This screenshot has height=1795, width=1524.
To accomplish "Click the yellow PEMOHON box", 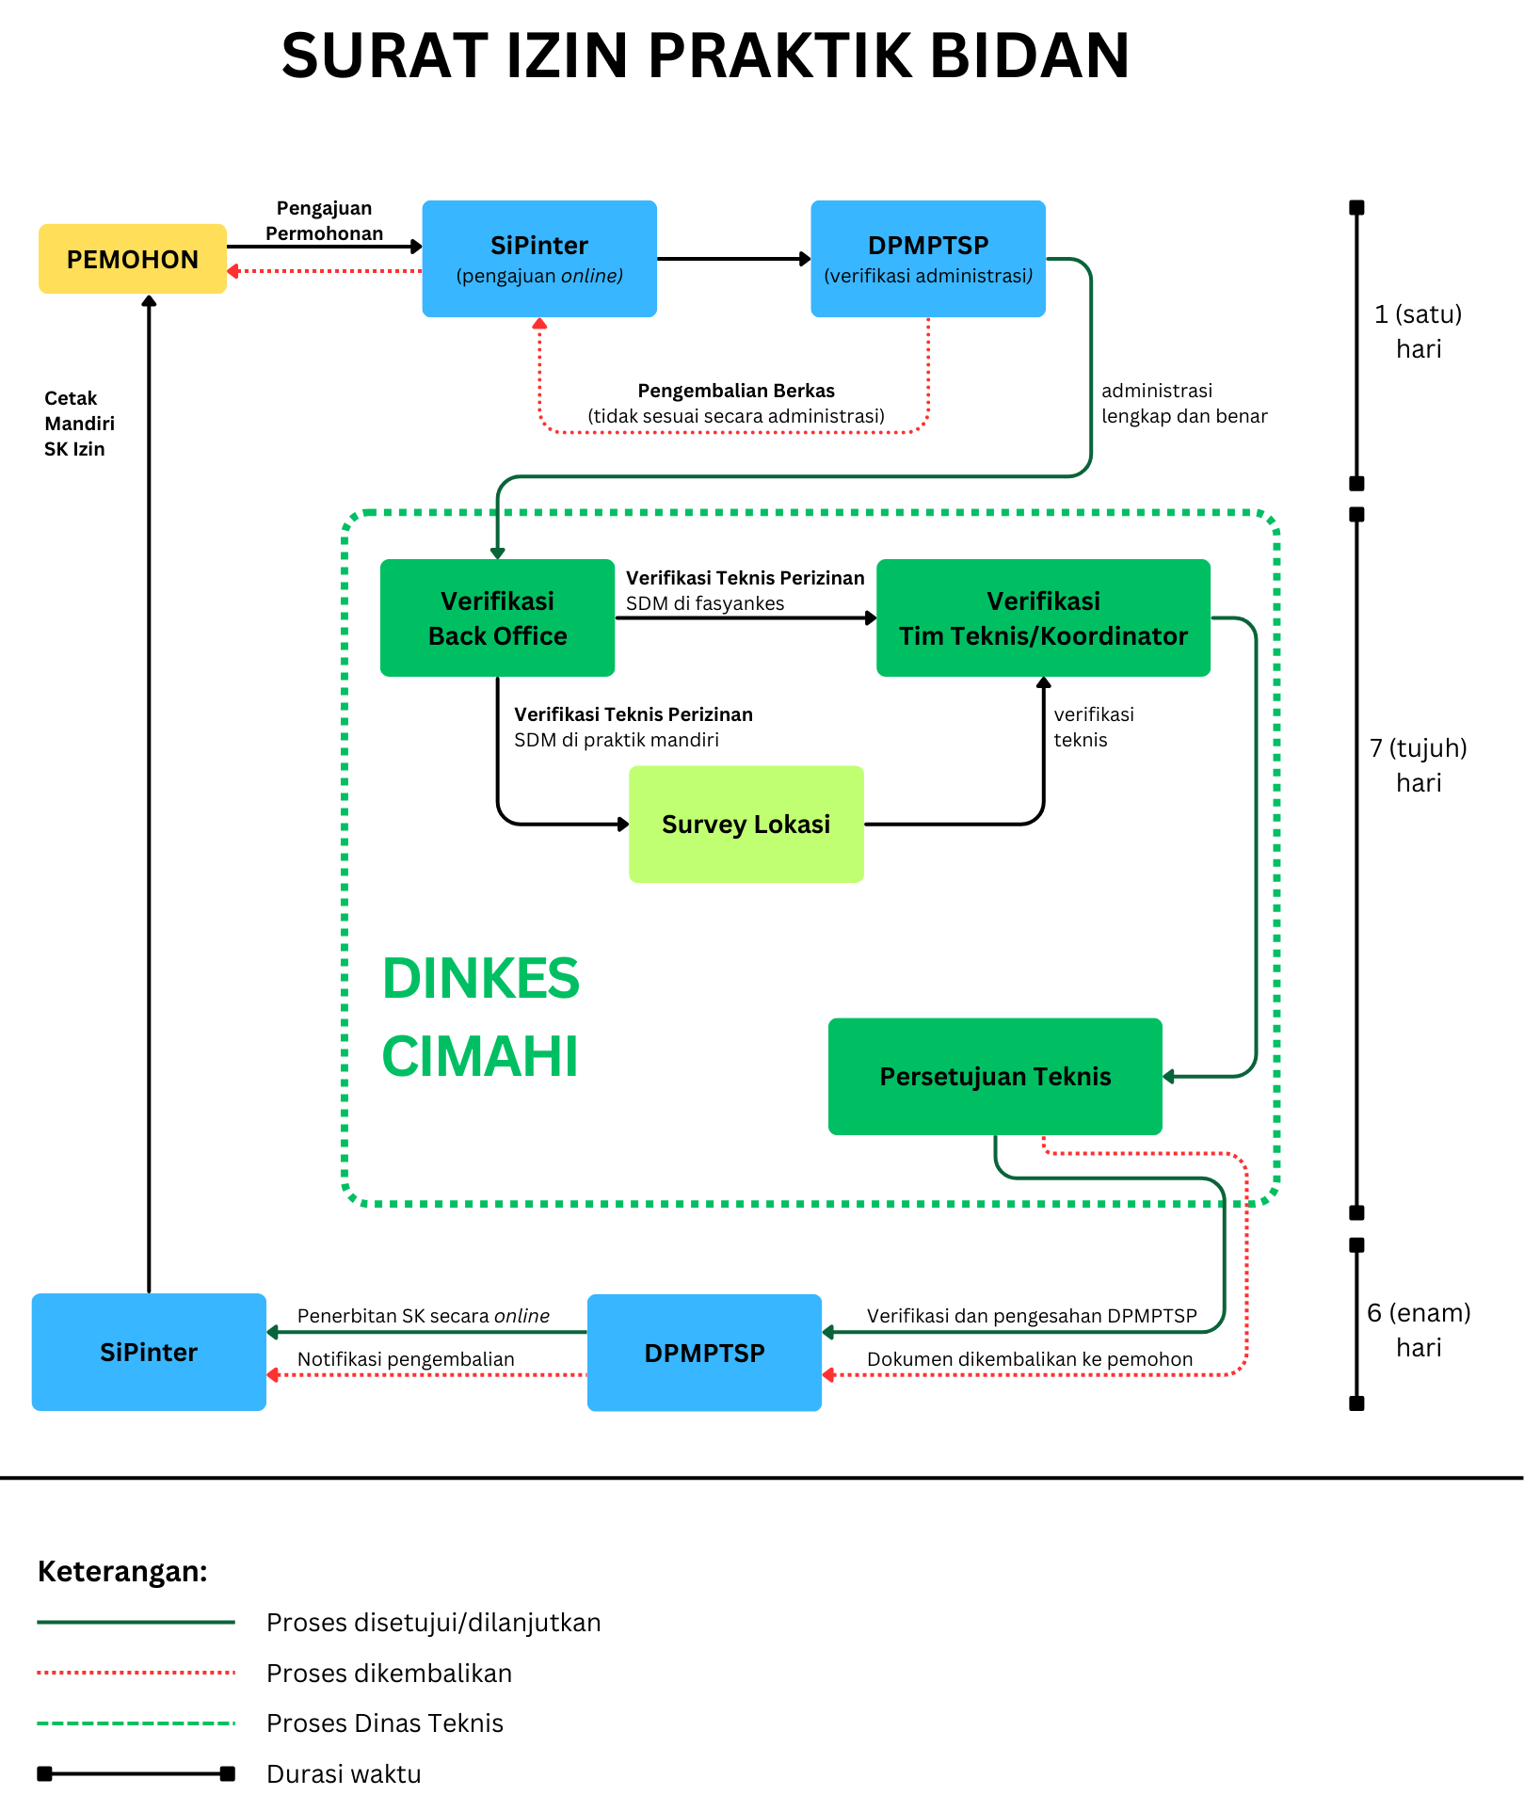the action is point(133,259).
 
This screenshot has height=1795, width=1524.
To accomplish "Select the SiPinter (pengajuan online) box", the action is point(539,259).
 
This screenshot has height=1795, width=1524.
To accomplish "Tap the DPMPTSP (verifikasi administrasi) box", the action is point(928,259).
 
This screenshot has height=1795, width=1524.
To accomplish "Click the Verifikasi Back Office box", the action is point(497,617).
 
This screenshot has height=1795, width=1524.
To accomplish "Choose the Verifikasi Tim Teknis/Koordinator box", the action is point(1043,617).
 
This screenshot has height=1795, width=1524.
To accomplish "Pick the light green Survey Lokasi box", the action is point(746,824).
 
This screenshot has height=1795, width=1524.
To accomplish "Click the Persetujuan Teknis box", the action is point(995,1076).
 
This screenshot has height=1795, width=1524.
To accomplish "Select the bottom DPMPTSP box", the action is point(704,1353).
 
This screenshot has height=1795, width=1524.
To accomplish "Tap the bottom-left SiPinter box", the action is point(149,1352).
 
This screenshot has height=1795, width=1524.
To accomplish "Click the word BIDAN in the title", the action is point(1030,56).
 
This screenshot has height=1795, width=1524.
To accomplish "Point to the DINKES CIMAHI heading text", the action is point(481,1017).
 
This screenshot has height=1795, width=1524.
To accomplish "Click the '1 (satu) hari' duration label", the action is point(1419,331).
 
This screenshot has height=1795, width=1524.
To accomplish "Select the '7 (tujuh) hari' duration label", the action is point(1419,765).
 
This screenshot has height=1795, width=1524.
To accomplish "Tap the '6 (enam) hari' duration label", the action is point(1419,1330).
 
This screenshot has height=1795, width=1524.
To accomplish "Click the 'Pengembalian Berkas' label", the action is point(736,391).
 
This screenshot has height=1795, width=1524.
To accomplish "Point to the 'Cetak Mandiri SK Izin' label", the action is point(79,424).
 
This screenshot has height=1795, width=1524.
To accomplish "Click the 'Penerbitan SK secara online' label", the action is point(424,1316).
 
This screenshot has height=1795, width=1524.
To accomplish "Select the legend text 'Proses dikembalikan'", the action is point(390,1673).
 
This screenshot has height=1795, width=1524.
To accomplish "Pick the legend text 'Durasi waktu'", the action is point(345,1773).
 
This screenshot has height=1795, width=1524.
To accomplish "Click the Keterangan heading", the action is point(122,1571).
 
